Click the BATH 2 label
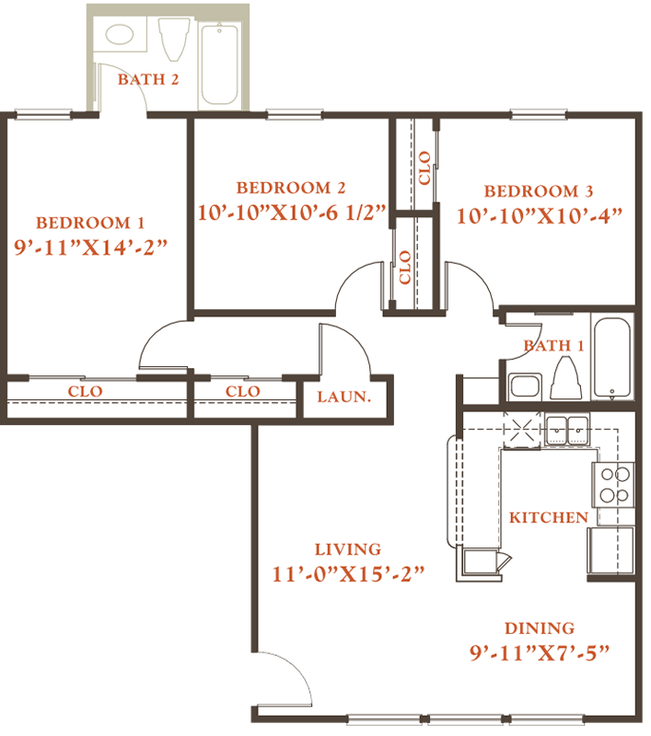point(148,79)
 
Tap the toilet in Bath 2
point(174,40)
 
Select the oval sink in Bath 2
point(120,34)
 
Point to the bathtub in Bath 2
point(219,64)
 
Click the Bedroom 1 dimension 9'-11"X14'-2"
point(90,247)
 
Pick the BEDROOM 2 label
point(291,188)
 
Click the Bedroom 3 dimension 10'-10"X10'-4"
point(540,216)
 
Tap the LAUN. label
point(344,397)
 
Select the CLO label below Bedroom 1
point(85,391)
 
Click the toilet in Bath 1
point(566,378)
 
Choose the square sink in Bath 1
point(526,386)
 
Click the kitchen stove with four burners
point(614,485)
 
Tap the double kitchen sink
point(567,430)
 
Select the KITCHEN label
point(549,517)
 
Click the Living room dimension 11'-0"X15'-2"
point(348,573)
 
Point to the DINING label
point(540,628)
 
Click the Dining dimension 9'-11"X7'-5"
point(540,652)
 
